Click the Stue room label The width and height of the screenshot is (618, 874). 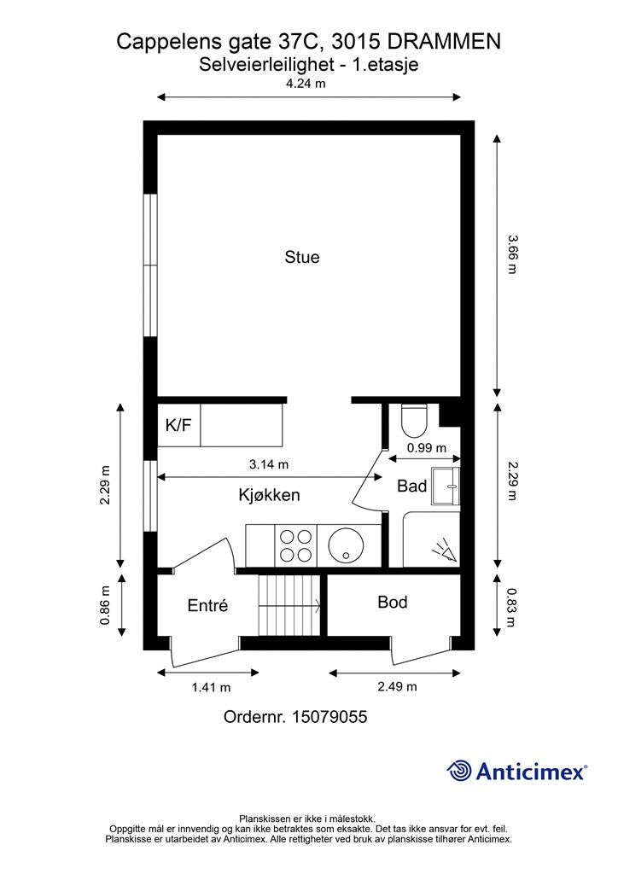[x=302, y=257]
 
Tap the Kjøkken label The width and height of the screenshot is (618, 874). [x=269, y=495]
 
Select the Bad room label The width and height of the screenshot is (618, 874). [x=411, y=486]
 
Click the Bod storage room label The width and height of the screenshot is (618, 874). [x=393, y=602]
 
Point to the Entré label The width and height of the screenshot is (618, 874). [x=208, y=605]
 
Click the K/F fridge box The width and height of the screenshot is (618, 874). [x=179, y=425]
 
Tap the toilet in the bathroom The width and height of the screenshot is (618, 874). [x=414, y=420]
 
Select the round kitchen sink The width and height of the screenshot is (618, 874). [x=346, y=545]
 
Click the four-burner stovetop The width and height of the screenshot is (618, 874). [x=296, y=545]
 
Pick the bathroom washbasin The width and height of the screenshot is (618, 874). [x=446, y=486]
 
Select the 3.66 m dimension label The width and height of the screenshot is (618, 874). [x=512, y=254]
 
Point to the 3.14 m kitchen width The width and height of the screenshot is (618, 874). [x=269, y=463]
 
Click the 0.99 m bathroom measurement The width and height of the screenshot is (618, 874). [x=427, y=447]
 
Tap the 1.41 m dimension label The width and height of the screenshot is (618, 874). [x=211, y=687]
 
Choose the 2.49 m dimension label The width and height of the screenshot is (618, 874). [x=397, y=686]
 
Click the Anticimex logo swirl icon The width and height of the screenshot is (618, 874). [x=459, y=771]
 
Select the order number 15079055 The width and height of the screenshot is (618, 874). [x=329, y=717]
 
